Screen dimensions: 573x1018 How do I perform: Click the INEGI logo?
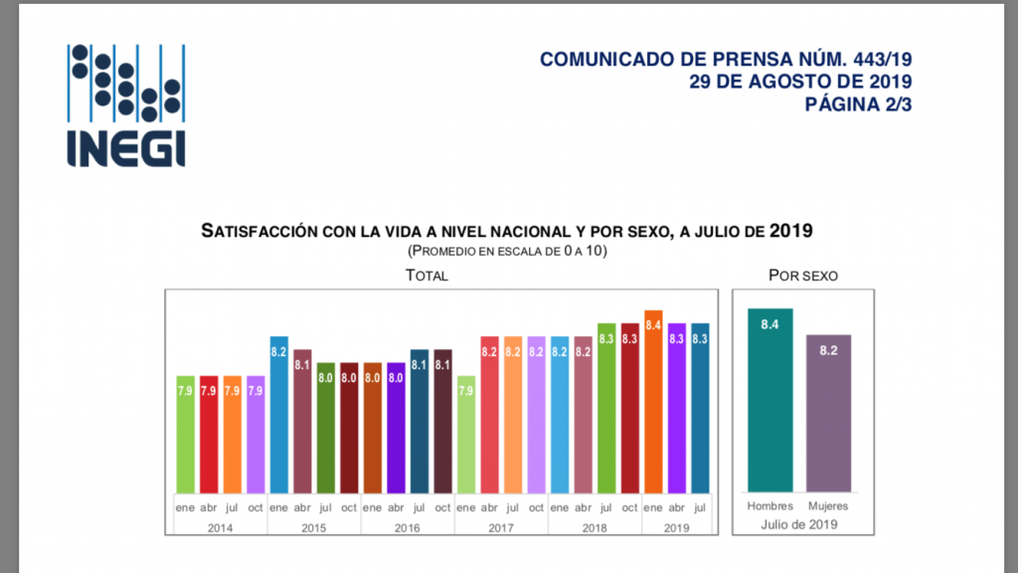pyautogui.click(x=126, y=104)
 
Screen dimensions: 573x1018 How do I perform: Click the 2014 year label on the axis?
pyautogui.click(x=222, y=527)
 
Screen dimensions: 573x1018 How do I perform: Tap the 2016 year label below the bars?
pyautogui.click(x=408, y=527)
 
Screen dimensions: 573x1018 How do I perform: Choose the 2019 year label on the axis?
pyautogui.click(x=677, y=527)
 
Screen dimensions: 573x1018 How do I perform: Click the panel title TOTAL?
pyautogui.click(x=426, y=276)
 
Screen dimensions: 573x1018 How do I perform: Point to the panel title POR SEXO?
pyautogui.click(x=802, y=276)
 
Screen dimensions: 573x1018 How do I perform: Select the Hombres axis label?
pyautogui.click(x=770, y=507)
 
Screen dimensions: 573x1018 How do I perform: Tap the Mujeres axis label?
pyautogui.click(x=829, y=507)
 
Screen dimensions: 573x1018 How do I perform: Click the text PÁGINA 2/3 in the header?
pyautogui.click(x=858, y=103)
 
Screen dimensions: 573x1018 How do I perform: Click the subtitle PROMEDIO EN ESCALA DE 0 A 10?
pyautogui.click(x=507, y=251)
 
